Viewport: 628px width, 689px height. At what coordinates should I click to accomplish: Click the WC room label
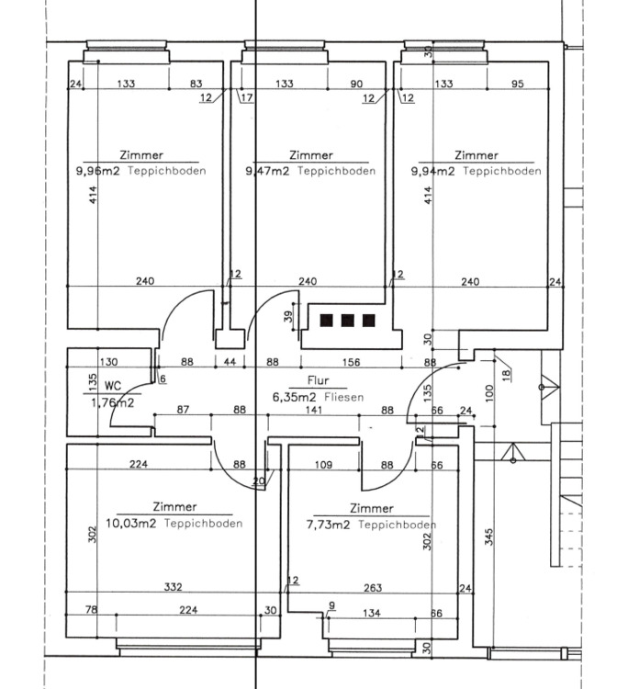point(113,387)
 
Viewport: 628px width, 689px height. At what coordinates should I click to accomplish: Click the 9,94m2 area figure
point(433,171)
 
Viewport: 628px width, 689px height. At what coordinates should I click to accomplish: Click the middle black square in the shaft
point(347,321)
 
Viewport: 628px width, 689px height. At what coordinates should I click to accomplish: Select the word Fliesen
point(346,398)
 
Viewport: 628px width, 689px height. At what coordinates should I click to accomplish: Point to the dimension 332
point(172,587)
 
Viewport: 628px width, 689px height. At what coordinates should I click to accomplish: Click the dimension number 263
point(373,587)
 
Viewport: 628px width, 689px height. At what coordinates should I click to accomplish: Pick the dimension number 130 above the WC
point(108,362)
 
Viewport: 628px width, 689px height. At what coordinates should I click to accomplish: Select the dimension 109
point(323,465)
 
